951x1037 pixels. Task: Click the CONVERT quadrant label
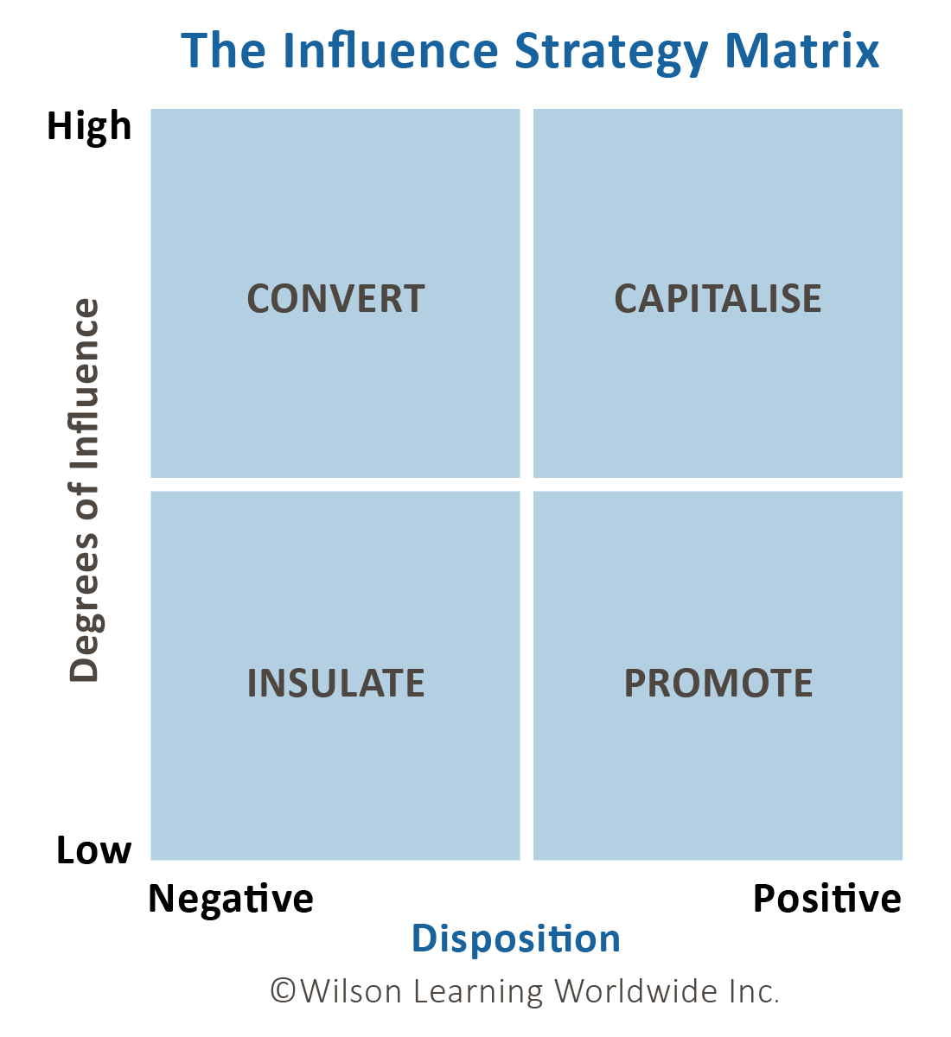pos(335,299)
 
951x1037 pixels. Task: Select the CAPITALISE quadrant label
pos(718,299)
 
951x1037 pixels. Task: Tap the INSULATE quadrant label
pos(335,684)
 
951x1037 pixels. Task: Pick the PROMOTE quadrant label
pos(718,684)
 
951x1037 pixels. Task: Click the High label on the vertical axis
pos(89,127)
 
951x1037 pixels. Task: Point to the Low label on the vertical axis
pos(93,851)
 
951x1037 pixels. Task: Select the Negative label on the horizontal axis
pos(231,900)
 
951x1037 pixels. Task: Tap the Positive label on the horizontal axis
pos(827,900)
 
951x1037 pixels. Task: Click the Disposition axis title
pos(516,938)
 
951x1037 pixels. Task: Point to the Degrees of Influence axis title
pos(85,490)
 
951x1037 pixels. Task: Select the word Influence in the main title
pos(391,51)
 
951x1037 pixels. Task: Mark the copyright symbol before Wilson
pos(283,990)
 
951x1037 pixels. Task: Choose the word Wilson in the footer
pos(351,990)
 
